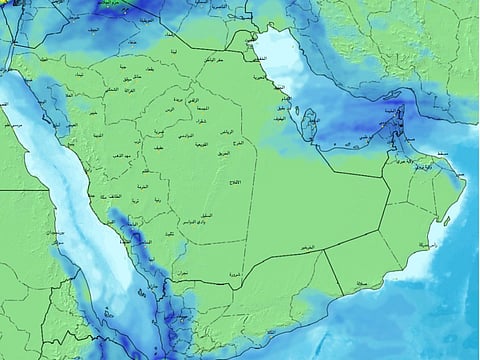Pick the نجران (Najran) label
tap(180, 272)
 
